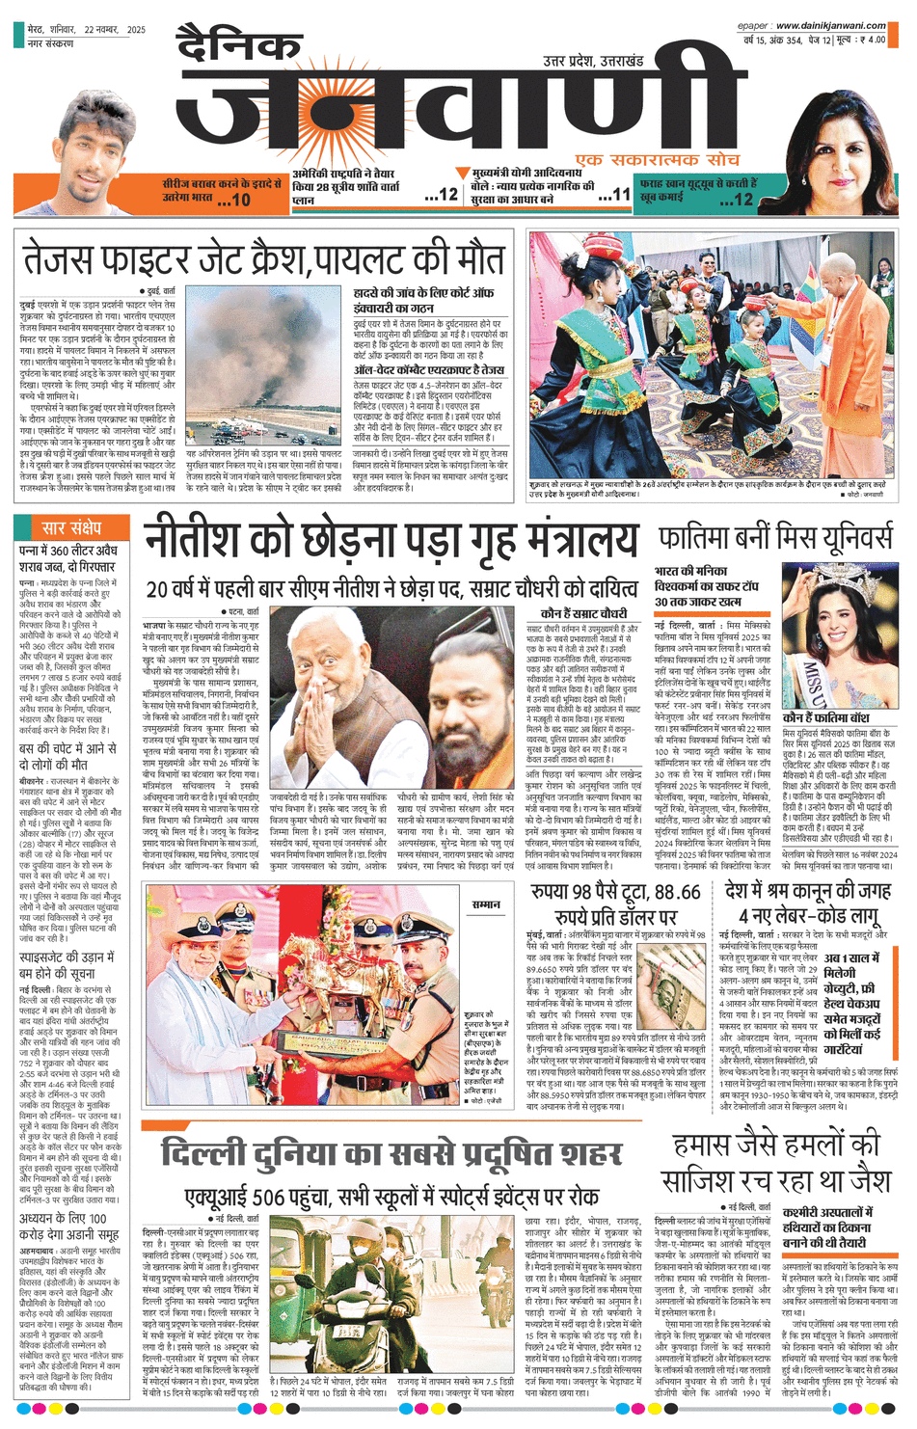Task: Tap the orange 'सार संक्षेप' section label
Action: click(72, 527)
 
